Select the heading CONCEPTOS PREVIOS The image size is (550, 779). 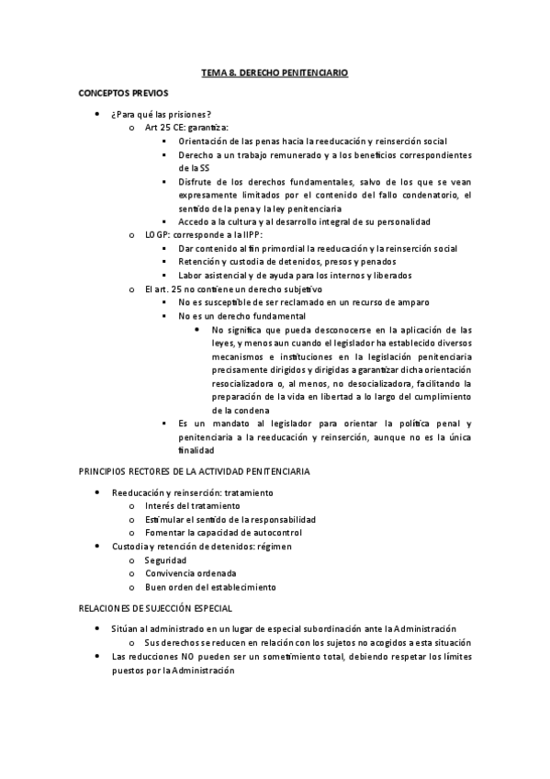tap(123, 93)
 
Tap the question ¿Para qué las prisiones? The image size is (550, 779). tap(161, 114)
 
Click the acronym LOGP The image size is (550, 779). tap(157, 235)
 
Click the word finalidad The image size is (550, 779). tap(196, 450)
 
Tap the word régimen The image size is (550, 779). tap(273, 546)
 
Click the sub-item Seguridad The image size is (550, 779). tap(165, 559)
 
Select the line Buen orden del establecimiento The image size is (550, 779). tap(210, 586)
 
